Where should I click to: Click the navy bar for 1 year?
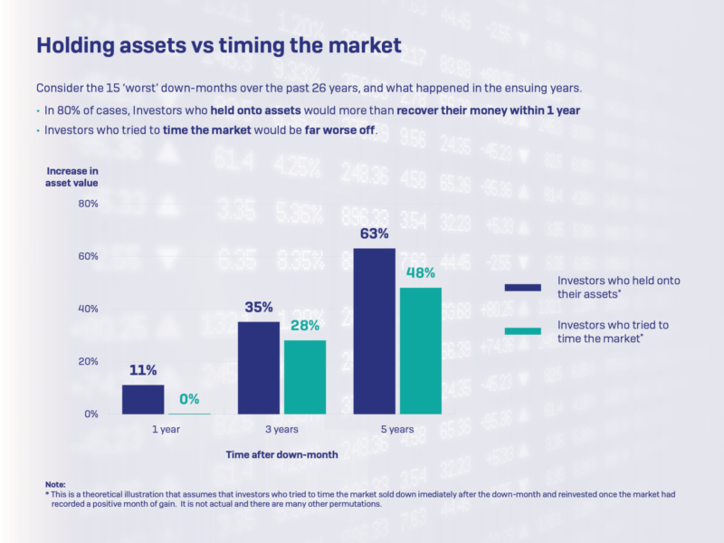[x=143, y=399]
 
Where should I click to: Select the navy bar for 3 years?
[x=259, y=367]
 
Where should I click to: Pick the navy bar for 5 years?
[x=375, y=330]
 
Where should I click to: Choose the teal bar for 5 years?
[x=420, y=350]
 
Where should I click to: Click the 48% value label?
[x=421, y=272]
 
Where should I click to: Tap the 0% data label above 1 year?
[x=189, y=398]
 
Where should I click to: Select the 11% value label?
[x=143, y=370]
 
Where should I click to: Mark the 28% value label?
[x=305, y=326]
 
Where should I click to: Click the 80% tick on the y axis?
[x=87, y=204]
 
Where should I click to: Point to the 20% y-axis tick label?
[x=87, y=361]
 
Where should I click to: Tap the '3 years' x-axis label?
[x=281, y=430]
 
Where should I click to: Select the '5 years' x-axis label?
[x=396, y=430]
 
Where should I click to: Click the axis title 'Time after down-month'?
[x=281, y=455]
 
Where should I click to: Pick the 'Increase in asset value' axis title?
[x=71, y=176]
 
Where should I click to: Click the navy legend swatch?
[x=522, y=287]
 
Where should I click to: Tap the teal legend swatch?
[x=522, y=331]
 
